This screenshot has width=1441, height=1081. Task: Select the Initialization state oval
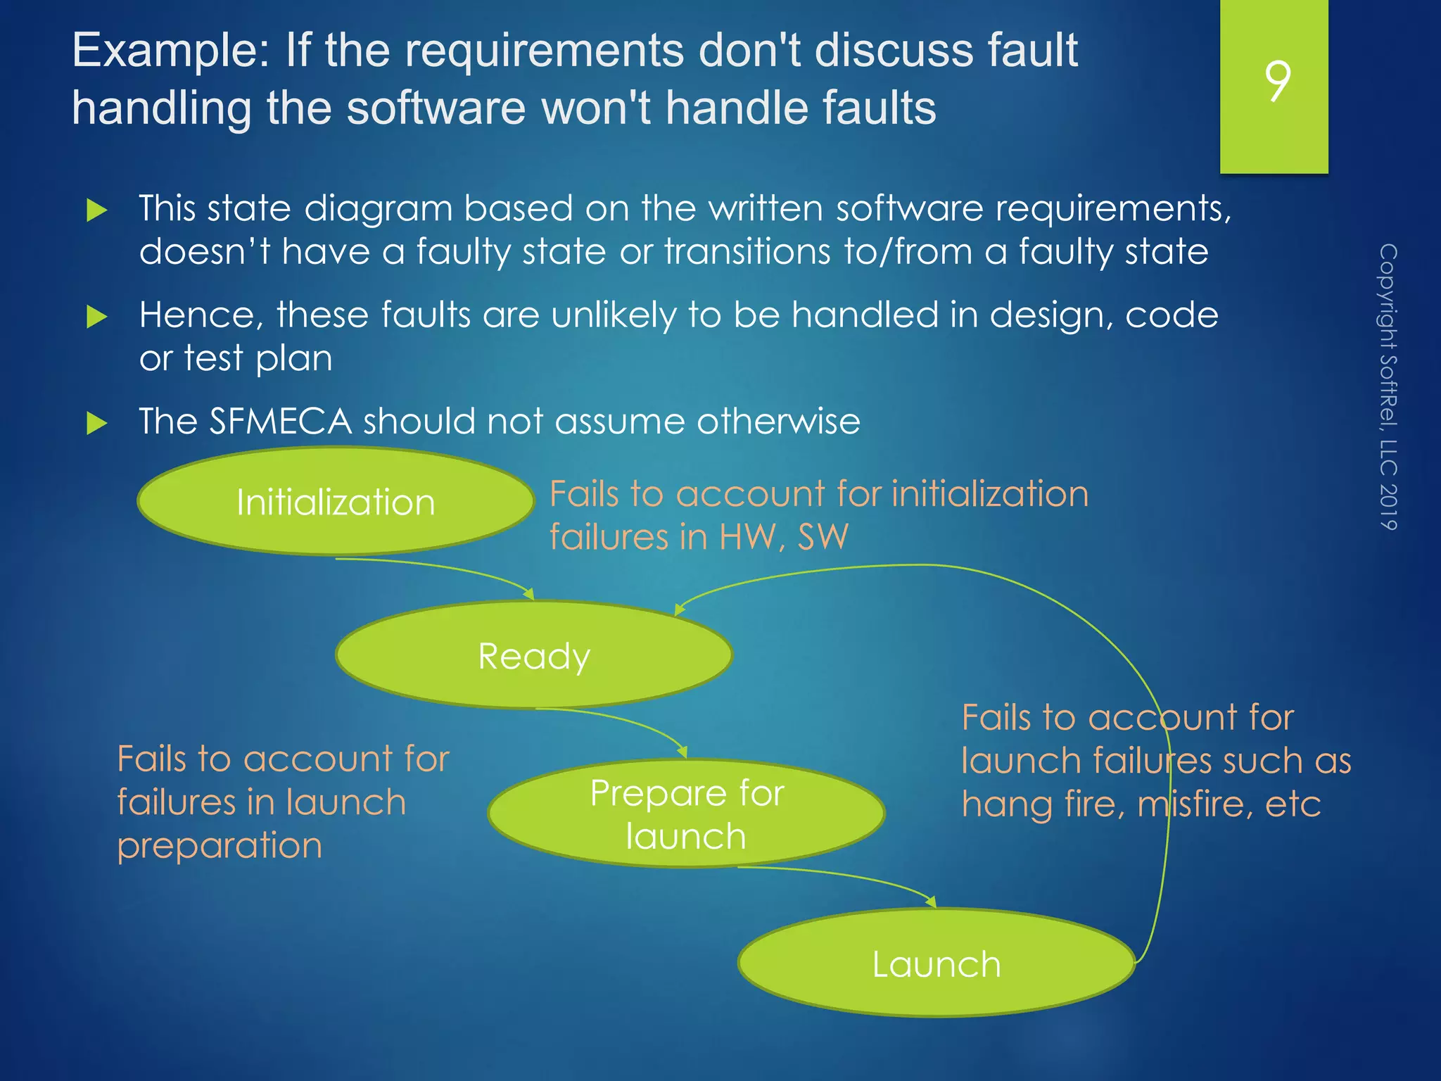tap(336, 501)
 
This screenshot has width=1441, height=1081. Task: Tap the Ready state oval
tap(534, 655)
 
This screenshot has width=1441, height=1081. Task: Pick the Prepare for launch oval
tap(686, 814)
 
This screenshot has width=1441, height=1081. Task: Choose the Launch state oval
tap(936, 963)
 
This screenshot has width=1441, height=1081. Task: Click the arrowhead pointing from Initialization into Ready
tap(529, 594)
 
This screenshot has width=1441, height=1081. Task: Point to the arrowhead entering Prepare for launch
tap(682, 752)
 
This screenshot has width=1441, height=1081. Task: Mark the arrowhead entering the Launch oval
tap(931, 902)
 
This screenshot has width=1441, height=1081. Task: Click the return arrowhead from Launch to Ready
tap(680, 609)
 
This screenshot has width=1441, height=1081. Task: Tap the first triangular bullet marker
tap(96, 210)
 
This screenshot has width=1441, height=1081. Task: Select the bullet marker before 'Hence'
tap(96, 317)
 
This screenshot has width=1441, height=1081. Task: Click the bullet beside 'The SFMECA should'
tap(96, 423)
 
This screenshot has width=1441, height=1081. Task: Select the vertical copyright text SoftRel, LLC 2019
tap(1388, 386)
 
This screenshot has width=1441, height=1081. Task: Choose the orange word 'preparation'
tap(220, 846)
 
